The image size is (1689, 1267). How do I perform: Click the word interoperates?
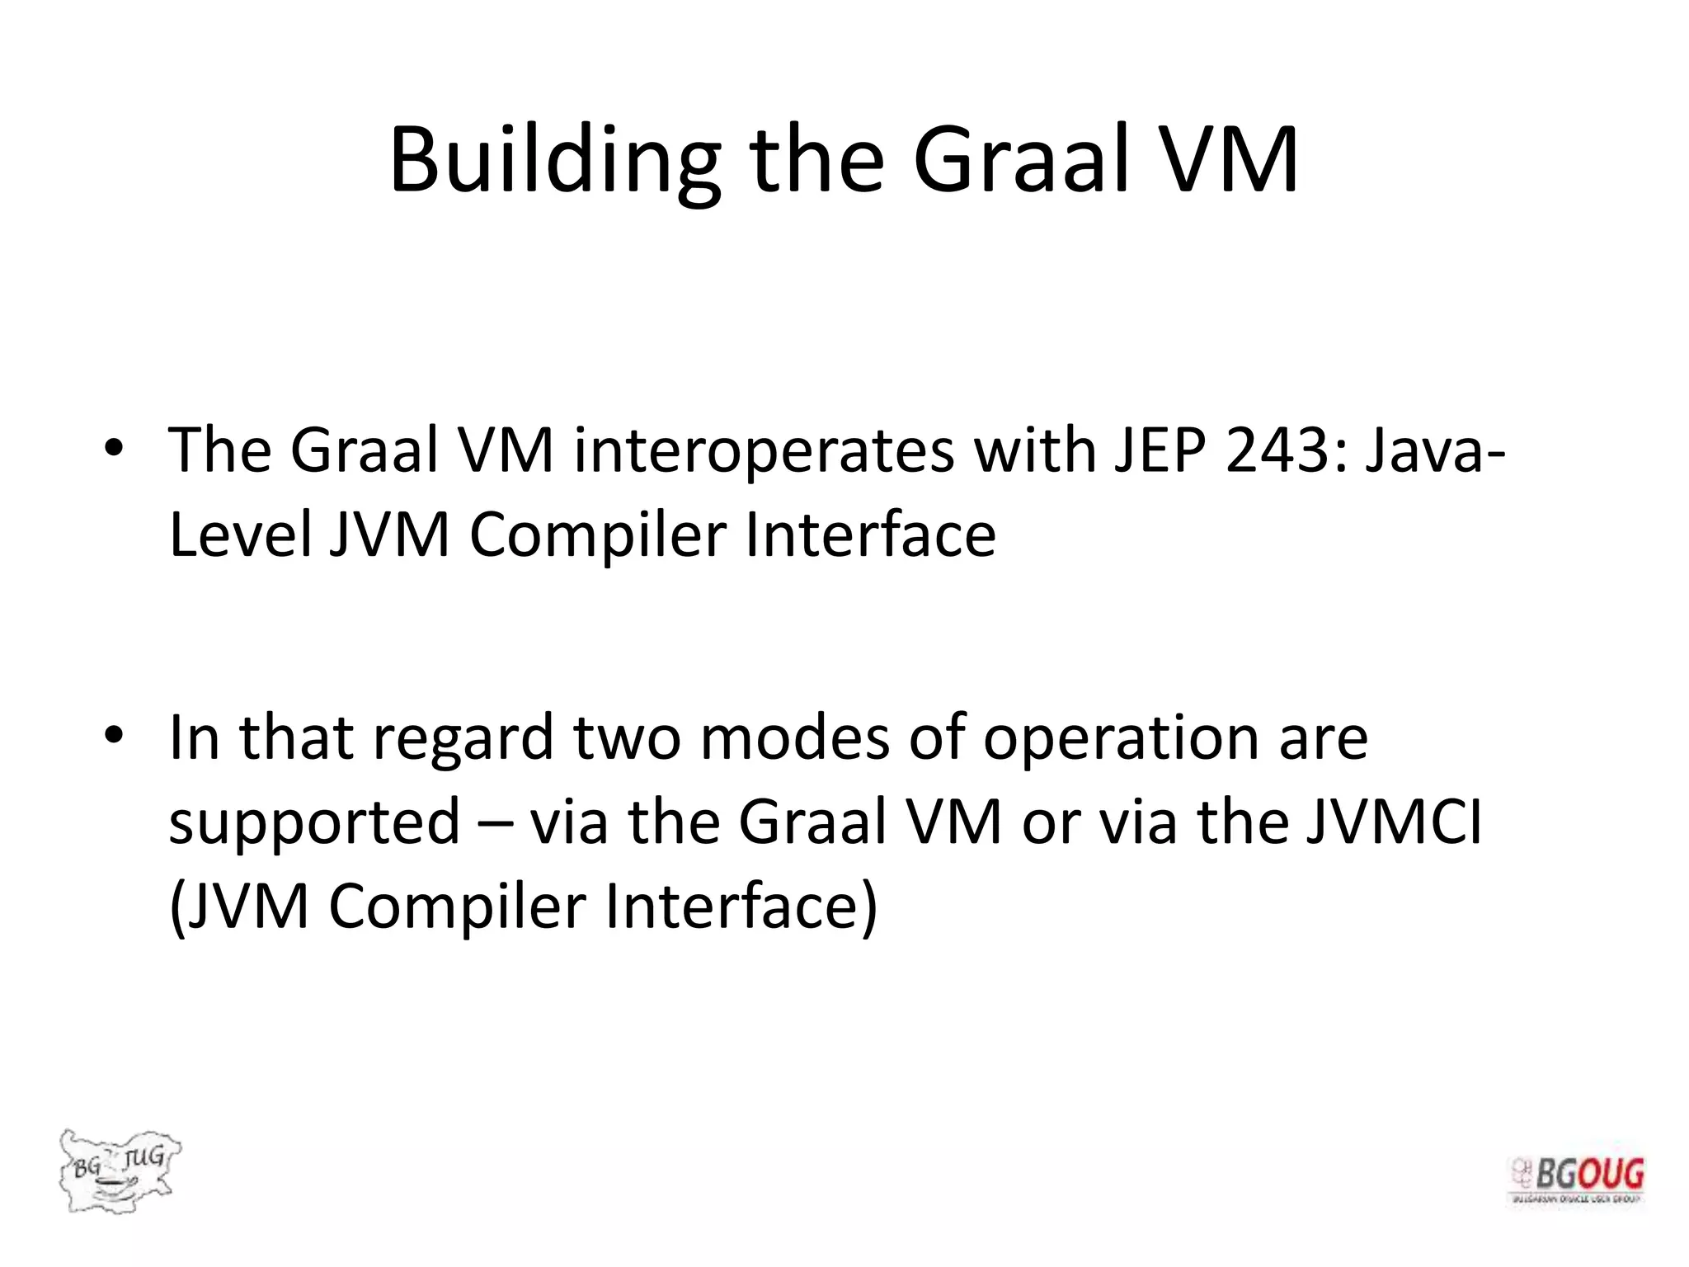764,453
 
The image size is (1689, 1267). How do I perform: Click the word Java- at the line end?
1435,451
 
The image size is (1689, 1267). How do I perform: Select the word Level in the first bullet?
239,535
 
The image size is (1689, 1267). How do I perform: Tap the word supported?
314,824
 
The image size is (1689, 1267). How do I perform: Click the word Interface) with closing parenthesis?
741,907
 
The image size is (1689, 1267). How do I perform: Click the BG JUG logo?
119,1170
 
